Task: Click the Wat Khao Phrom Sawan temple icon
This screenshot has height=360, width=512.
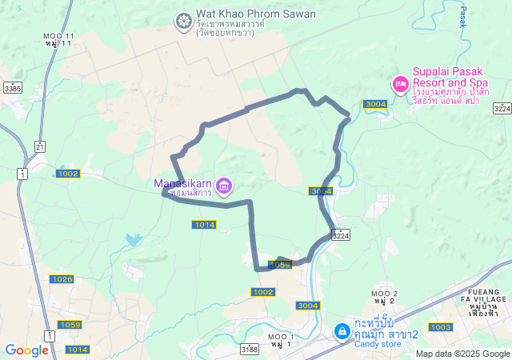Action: (x=184, y=19)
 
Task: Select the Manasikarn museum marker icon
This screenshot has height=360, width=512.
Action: (x=223, y=187)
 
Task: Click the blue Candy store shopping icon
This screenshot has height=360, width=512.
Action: (x=342, y=330)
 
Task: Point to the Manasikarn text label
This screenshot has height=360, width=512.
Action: (x=183, y=183)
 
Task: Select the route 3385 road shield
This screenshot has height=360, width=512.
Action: (x=12, y=88)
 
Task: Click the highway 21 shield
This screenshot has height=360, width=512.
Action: (x=40, y=145)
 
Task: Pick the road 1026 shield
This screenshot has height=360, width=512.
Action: (x=62, y=278)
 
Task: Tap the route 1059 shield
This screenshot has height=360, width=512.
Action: (x=70, y=324)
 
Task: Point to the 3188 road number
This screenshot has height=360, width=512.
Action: (x=249, y=349)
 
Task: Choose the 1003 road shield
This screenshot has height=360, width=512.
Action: (x=440, y=327)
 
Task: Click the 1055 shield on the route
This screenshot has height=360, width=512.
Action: (x=279, y=264)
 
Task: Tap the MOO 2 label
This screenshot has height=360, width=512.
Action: (x=384, y=295)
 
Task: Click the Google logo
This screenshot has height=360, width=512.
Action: (x=26, y=350)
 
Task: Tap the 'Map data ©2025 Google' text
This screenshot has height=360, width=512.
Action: (x=463, y=354)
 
